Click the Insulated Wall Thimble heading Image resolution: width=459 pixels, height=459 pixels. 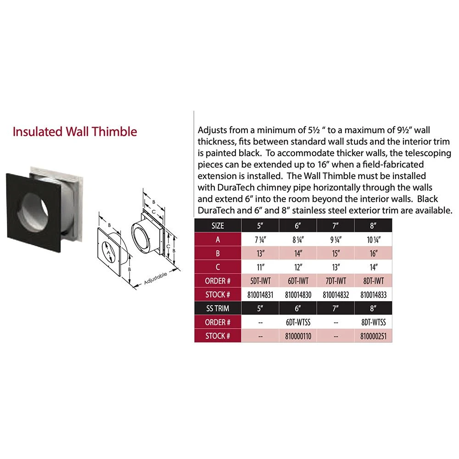tap(75, 132)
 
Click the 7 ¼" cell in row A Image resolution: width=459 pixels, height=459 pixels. tap(260, 239)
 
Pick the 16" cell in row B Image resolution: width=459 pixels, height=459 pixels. tap(374, 253)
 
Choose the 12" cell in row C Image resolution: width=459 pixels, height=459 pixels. tap(297, 267)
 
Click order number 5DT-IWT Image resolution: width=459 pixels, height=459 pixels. tap(260, 281)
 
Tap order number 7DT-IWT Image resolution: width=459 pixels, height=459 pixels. tap(336, 281)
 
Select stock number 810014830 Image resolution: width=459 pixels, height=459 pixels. tap(297, 295)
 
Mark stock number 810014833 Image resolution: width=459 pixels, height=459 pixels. tap(374, 295)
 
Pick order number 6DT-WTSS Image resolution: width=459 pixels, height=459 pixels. tap(297, 322)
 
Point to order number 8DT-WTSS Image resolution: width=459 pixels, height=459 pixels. tap(374, 322)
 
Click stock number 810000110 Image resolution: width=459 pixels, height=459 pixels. tap(297, 336)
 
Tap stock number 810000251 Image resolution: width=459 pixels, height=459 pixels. tap(374, 336)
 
